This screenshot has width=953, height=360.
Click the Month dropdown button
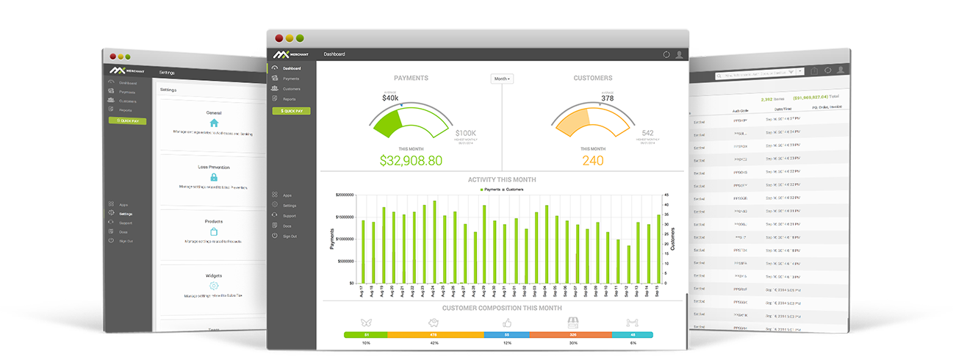coord(502,78)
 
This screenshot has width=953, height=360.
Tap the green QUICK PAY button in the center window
coord(292,111)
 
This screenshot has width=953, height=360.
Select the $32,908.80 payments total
coord(411,159)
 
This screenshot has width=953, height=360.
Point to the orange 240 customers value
coord(592,160)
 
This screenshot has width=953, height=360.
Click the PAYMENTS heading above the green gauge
coord(411,78)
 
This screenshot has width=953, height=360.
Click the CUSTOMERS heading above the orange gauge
coord(592,78)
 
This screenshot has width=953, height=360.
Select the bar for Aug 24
coord(434,242)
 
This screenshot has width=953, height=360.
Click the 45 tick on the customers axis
coord(666,195)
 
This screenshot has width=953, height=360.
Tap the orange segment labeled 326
coord(572,334)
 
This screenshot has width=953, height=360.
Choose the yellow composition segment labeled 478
coord(435,334)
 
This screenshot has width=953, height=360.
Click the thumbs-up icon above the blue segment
coord(506,323)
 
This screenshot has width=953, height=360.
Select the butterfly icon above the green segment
coord(367,323)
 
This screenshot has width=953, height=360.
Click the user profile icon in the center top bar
coord(679,54)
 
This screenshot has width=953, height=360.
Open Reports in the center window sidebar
coord(289,98)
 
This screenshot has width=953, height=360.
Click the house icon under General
coord(214,123)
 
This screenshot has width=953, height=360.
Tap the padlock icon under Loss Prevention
coord(214,177)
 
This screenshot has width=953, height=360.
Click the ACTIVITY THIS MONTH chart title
coord(502,180)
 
